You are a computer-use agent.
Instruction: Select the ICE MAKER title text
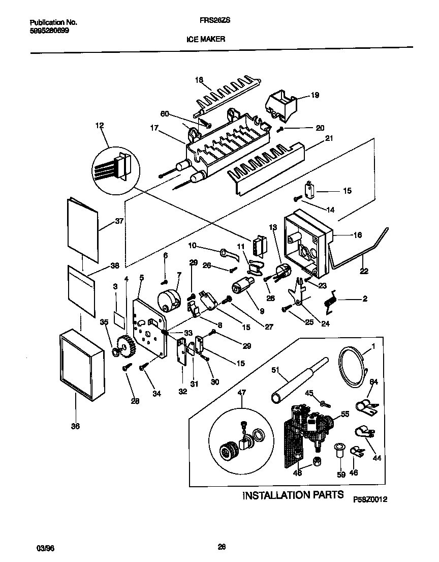tap(209, 39)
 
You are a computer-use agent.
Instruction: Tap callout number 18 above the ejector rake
tap(199, 80)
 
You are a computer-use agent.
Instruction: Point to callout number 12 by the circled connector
tap(99, 125)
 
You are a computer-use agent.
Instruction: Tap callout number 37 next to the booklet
tap(119, 221)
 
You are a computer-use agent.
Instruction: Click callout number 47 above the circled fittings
tap(242, 393)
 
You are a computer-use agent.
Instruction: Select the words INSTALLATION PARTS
tap(293, 495)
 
